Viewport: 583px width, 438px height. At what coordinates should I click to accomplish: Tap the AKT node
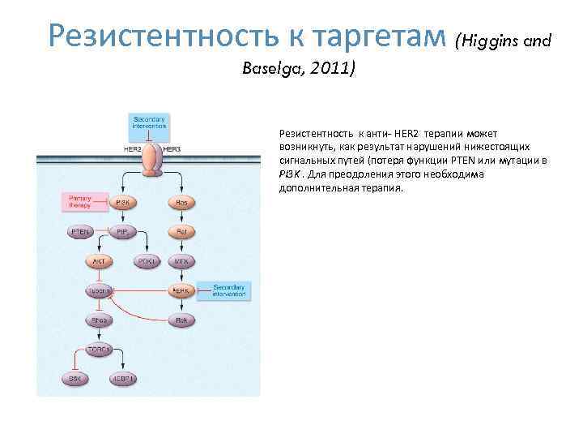pyautogui.click(x=99, y=262)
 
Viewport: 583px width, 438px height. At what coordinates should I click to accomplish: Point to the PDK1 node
pyautogui.click(x=147, y=262)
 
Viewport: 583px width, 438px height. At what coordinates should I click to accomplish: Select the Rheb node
pyautogui.click(x=99, y=320)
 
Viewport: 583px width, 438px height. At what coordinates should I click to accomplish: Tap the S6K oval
pyautogui.click(x=74, y=378)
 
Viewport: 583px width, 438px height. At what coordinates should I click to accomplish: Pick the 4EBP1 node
pyautogui.click(x=123, y=378)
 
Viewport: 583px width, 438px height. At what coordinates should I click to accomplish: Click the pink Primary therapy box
pyautogui.click(x=84, y=201)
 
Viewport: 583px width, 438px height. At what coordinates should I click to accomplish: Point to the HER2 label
pyautogui.click(x=132, y=149)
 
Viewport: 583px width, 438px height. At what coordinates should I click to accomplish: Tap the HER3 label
pyautogui.click(x=172, y=149)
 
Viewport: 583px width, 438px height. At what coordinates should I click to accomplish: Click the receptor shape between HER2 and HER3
pyautogui.click(x=151, y=160)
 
